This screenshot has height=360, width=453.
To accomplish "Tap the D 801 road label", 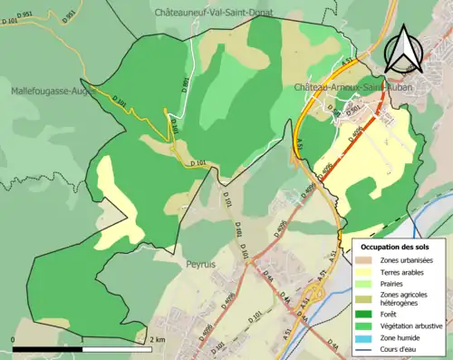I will pos(186,87).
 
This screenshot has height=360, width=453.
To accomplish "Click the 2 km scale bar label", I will pos(156,339).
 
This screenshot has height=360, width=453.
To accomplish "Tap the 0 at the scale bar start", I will pos(14,339).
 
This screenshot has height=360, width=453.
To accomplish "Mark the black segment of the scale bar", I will pos(48,348).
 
